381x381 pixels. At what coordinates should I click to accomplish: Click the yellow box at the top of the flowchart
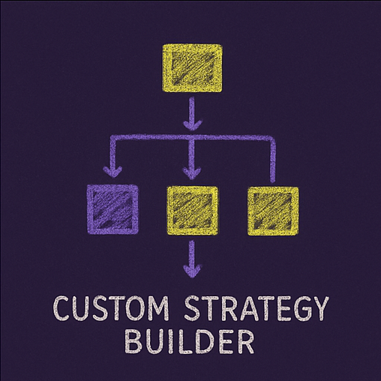tap(192, 68)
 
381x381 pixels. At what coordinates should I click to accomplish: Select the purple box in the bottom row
tap(112, 210)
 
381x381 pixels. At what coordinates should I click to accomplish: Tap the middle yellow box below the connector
tap(192, 211)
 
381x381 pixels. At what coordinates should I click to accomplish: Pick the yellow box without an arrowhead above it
tap(273, 211)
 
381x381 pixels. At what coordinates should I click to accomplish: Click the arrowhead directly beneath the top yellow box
tap(192, 125)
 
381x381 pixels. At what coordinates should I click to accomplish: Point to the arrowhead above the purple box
tap(112, 172)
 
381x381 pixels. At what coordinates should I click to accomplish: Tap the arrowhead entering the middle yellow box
tap(192, 173)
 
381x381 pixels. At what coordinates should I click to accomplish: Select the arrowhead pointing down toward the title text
tap(192, 271)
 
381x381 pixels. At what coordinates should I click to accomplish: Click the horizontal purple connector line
tap(193, 137)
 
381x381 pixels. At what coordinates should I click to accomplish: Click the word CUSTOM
tap(111, 308)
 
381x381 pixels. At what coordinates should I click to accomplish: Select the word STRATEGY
tap(256, 308)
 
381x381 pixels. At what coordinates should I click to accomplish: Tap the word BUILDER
tap(190, 341)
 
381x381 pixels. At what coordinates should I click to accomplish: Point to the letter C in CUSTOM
tap(61, 308)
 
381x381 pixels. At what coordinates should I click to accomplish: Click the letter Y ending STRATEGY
tap(318, 308)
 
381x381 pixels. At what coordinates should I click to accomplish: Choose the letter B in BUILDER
tap(133, 341)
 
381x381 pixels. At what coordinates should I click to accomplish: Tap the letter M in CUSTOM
tap(157, 308)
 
